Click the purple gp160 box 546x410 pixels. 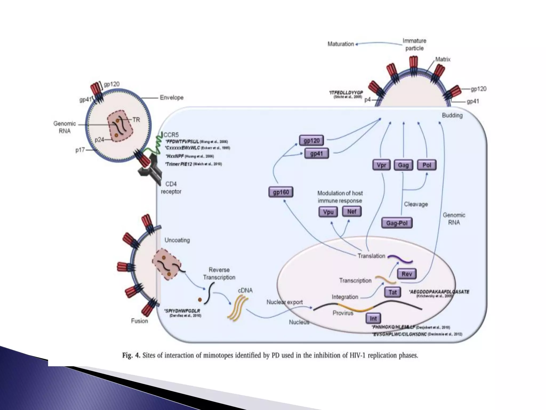tap(281, 192)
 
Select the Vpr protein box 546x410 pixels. tap(381, 165)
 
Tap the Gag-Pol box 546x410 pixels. tap(397, 223)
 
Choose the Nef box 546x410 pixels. tap(352, 211)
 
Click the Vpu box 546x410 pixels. tap(328, 212)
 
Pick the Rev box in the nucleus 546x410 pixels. tap(407, 274)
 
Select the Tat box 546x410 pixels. tap(392, 292)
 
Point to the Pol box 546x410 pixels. tap(427, 165)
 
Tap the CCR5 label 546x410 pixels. tap(171, 135)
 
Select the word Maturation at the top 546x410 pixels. tap(340, 44)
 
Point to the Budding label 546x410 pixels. tap(452, 115)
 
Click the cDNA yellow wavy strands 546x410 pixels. tap(237, 309)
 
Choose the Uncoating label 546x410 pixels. tap(177, 240)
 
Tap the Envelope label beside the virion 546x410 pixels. tap(171, 98)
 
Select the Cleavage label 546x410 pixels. tap(416, 204)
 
